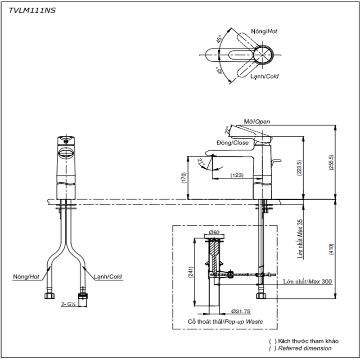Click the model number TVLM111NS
32,10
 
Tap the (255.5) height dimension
331,162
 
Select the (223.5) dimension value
299,168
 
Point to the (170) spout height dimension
184,178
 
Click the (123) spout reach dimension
237,175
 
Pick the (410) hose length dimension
331,250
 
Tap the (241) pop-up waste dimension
191,272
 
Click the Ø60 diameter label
214,232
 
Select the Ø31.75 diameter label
241,311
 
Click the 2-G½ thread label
68,304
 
